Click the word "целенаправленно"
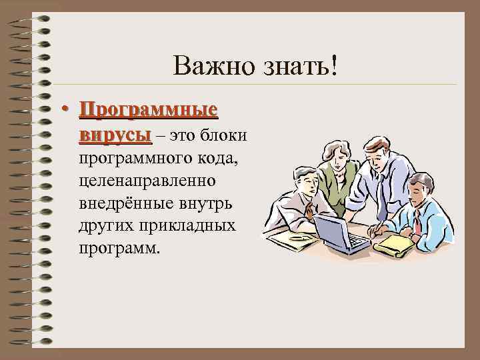click(151, 181)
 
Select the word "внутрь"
click(204, 203)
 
